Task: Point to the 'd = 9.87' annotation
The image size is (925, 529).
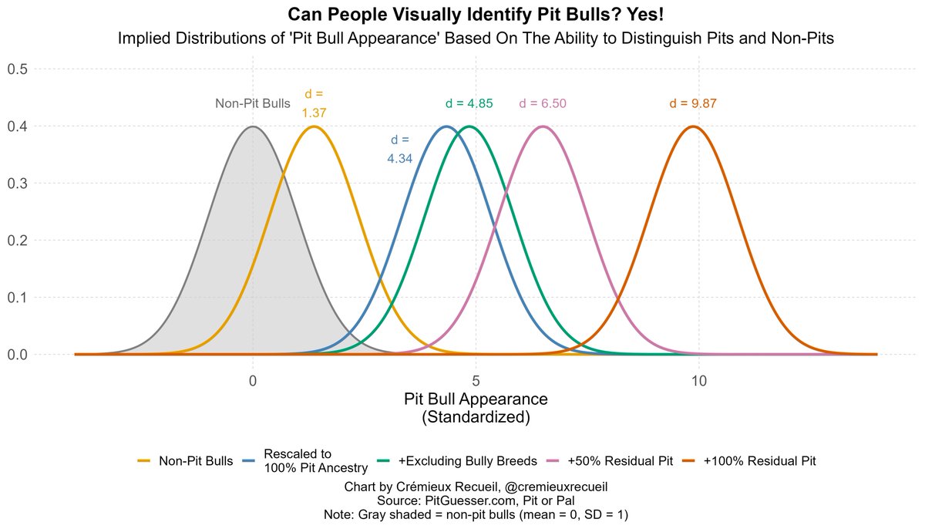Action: tap(698, 104)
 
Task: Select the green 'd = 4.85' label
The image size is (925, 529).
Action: tap(469, 104)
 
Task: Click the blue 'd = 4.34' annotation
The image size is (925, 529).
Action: tap(400, 150)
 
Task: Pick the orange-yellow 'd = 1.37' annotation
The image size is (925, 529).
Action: tap(314, 103)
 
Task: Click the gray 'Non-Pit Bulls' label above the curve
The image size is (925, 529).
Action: tap(253, 104)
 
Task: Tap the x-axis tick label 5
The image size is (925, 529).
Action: tap(476, 381)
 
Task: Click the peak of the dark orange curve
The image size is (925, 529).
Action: tap(693, 126)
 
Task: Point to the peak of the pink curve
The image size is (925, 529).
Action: tap(543, 126)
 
